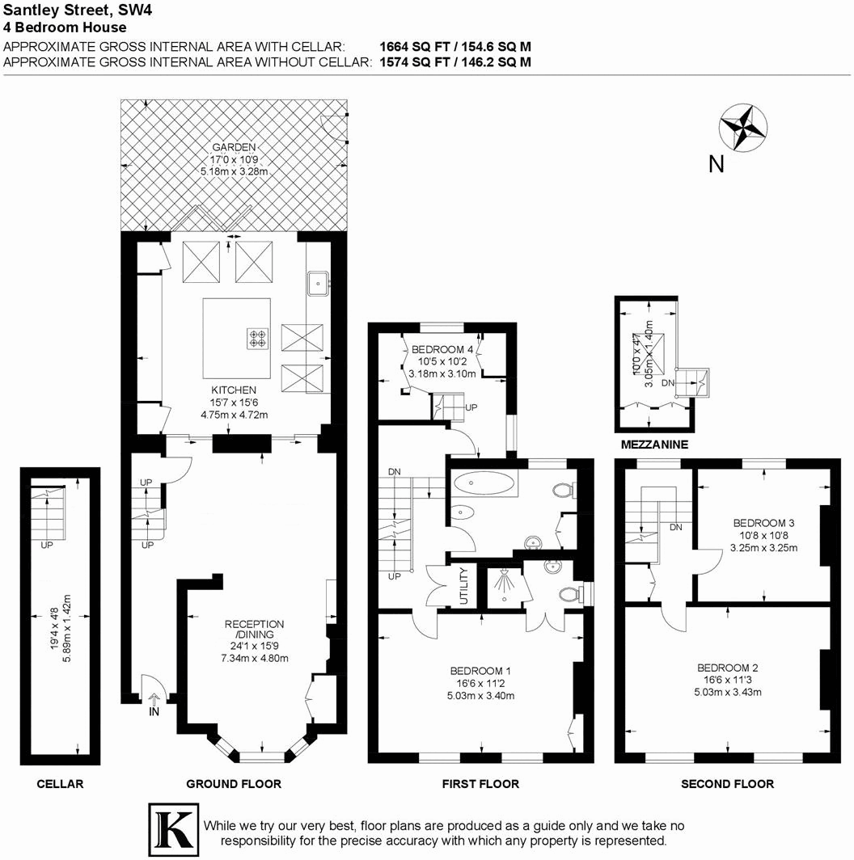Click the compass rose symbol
[742, 127]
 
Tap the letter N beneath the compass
[716, 165]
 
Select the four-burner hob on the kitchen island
[257, 338]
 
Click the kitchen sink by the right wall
[319, 281]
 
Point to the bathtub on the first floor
[484, 485]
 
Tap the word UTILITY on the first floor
[463, 587]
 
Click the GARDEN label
[234, 147]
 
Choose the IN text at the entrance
[154, 713]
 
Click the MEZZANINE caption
[654, 445]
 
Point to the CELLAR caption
[61, 783]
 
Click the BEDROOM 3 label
[764, 522]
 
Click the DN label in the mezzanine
[667, 382]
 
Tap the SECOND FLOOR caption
[727, 783]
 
